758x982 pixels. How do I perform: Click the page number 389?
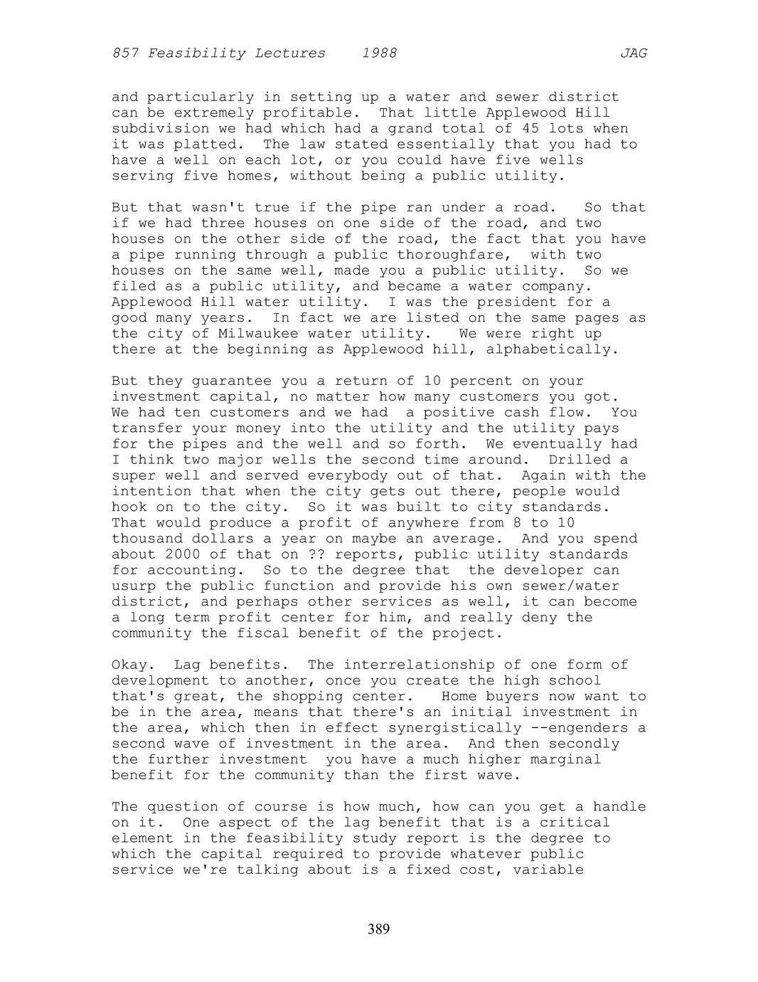[x=379, y=929]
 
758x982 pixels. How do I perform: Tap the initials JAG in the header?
[x=634, y=53]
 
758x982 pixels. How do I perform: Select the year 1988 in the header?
[x=379, y=53]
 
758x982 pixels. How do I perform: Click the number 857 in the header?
[x=125, y=53]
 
